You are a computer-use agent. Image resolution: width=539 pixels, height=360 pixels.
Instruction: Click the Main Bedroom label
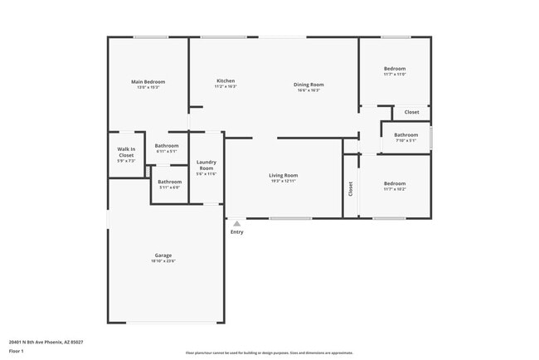click(x=148, y=81)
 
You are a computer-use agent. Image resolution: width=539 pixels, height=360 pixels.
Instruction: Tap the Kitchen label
click(x=226, y=80)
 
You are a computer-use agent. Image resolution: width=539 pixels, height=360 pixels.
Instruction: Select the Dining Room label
click(x=308, y=84)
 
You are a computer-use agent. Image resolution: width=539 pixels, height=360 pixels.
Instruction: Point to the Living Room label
click(x=283, y=175)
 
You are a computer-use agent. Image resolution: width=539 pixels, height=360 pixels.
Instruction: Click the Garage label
click(x=163, y=255)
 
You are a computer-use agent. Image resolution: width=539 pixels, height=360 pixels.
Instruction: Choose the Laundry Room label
click(x=206, y=165)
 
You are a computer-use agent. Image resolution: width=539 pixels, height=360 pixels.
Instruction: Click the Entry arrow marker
click(x=237, y=223)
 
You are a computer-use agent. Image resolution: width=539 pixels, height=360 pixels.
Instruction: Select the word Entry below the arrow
click(x=237, y=231)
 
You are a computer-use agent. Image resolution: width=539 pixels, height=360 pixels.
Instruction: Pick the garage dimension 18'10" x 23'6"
click(x=163, y=261)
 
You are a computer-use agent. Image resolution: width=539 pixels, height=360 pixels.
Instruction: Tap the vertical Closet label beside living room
click(x=351, y=190)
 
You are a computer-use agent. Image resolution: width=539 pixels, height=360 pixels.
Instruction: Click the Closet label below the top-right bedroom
click(x=411, y=112)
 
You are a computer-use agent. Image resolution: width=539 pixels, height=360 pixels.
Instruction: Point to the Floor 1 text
click(x=17, y=351)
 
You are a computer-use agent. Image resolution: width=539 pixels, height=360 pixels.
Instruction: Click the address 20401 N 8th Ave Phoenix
click(x=46, y=341)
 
